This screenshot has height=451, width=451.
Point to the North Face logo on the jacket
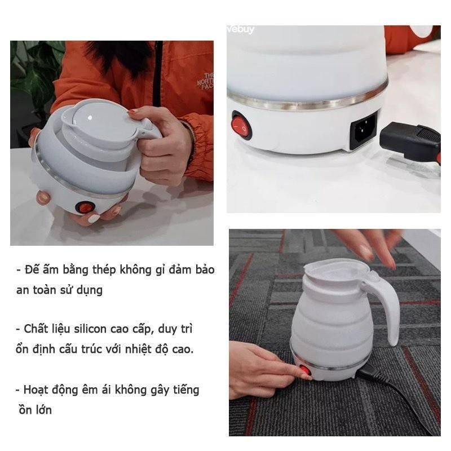(x=205, y=81)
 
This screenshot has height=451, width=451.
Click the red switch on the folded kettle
(x=83, y=207)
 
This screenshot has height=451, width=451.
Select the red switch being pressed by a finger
(x=306, y=370)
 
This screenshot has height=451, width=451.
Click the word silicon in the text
(x=90, y=329)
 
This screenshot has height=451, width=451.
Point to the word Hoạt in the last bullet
(x=36, y=390)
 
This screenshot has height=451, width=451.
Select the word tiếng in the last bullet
(x=186, y=391)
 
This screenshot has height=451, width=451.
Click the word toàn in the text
(x=45, y=290)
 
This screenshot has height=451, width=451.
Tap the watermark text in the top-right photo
(x=241, y=29)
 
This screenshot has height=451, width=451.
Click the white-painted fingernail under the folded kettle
(x=94, y=219)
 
